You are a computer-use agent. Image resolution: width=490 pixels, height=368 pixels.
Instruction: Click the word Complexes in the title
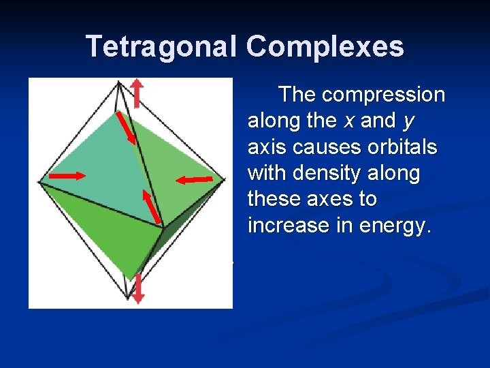(x=325, y=46)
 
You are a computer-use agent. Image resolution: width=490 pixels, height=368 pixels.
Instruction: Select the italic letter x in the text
(x=348, y=121)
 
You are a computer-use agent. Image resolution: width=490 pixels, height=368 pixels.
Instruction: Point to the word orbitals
(x=396, y=147)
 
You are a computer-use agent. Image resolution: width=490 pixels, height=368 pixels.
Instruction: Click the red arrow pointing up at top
(x=137, y=93)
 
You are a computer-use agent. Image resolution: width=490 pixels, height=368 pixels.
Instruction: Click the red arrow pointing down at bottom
(x=138, y=288)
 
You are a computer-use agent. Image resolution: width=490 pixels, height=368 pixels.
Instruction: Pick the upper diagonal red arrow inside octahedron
(x=127, y=127)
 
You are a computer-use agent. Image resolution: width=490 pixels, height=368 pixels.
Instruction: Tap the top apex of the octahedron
(x=120, y=82)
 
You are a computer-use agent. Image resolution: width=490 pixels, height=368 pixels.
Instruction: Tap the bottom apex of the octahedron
(x=127, y=298)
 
